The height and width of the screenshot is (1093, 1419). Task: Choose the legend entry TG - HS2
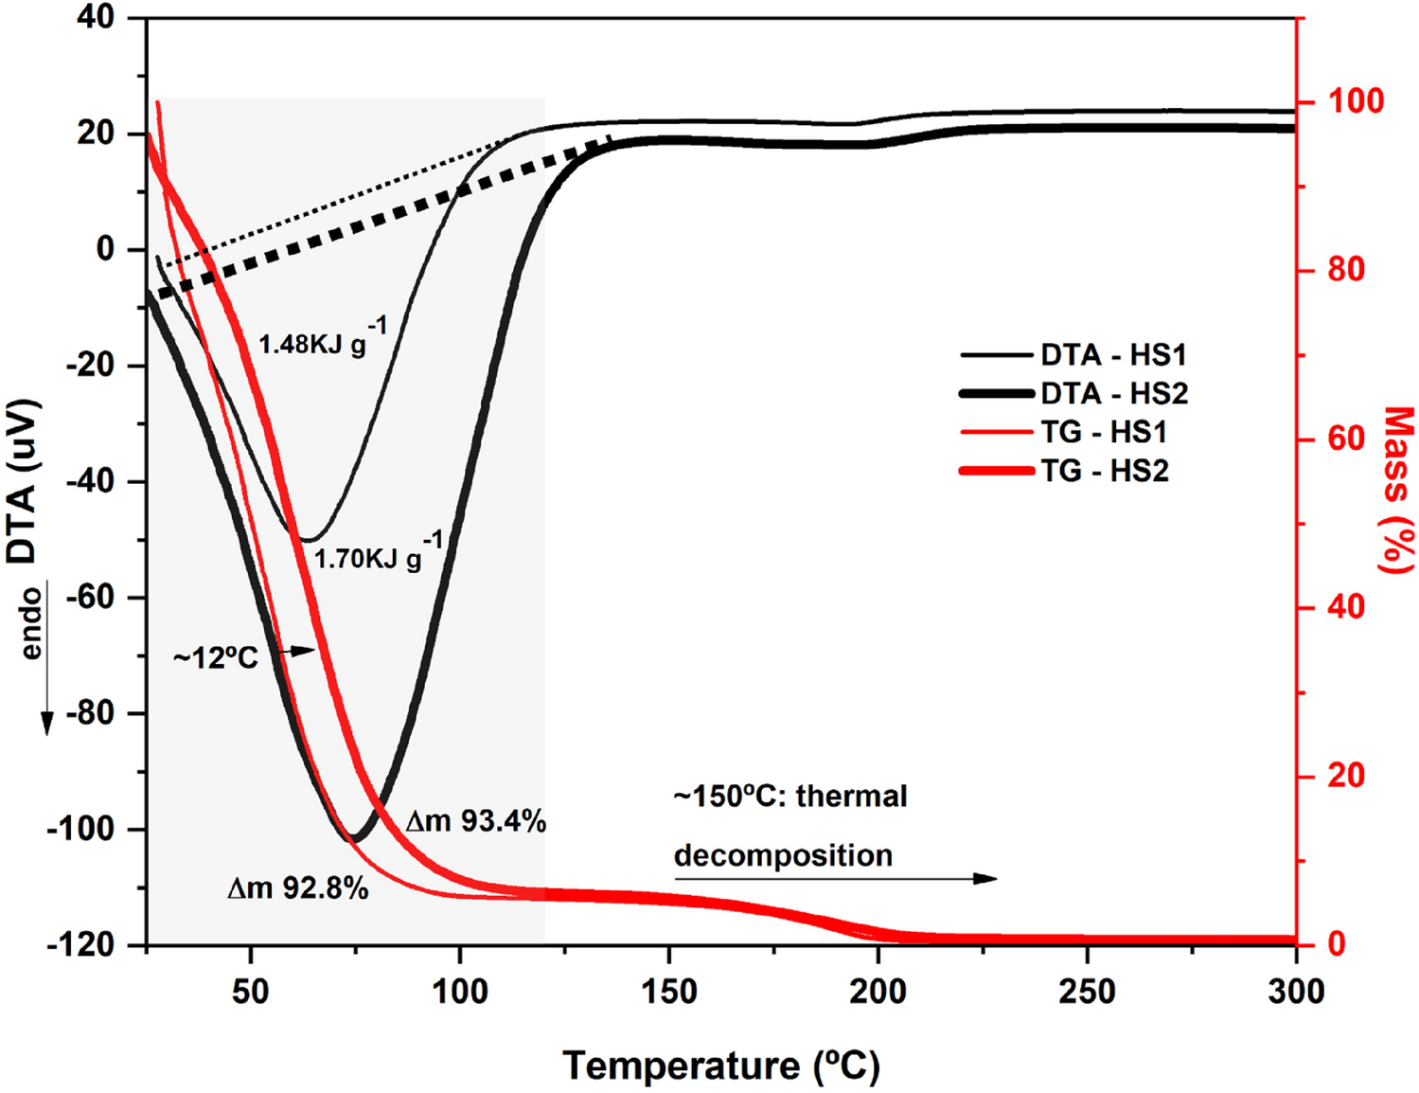point(1103,471)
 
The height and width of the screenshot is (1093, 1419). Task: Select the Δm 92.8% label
point(297,887)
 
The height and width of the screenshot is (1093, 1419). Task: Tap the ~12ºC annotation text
point(215,657)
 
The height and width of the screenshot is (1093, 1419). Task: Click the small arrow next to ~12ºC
point(301,651)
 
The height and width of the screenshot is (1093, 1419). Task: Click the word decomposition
point(783,855)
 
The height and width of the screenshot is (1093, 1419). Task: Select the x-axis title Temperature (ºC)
point(721,1066)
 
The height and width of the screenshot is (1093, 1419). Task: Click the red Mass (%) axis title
point(1397,490)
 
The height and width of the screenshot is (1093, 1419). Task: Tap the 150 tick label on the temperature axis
point(669,992)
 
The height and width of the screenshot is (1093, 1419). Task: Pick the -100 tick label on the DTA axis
point(93,829)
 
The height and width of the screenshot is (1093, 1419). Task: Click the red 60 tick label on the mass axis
point(1345,439)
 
